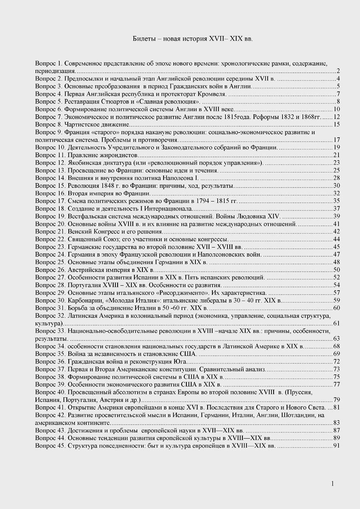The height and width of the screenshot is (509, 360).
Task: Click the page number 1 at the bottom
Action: point(332,483)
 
